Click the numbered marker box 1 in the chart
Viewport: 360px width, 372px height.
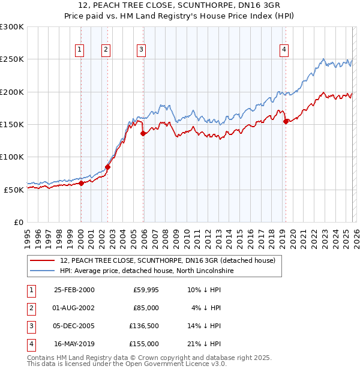coord(80,50)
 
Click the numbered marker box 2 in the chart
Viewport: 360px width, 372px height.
coord(106,50)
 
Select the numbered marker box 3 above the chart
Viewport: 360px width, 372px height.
coord(141,50)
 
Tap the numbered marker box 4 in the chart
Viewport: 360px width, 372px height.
coord(283,50)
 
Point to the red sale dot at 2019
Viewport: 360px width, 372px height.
coord(286,121)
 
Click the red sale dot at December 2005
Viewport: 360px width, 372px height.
coord(143,133)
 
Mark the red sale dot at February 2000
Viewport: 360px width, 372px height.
coord(82,183)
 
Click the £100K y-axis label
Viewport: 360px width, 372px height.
coord(12,157)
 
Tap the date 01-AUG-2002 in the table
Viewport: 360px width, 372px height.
coord(74,308)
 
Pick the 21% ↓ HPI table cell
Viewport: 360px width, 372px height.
coord(204,344)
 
